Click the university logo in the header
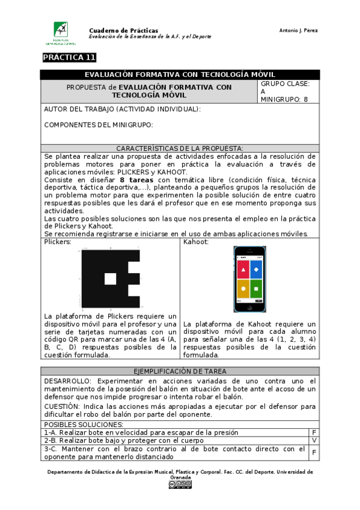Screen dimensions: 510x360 (x=61, y=34)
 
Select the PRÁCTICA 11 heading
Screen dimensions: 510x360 (x=69, y=58)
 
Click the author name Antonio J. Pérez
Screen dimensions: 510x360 (x=299, y=30)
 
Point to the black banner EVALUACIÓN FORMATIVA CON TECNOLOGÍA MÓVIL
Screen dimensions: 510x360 (x=180, y=75)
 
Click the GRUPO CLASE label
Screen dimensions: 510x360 (x=285, y=84)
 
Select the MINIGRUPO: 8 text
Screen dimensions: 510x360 (x=284, y=99)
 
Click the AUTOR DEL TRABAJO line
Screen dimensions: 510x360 (x=123, y=109)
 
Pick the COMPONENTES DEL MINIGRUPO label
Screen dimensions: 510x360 (x=99, y=125)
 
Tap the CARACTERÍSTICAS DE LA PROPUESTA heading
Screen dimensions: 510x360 (x=180, y=148)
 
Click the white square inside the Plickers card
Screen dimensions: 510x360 (x=110, y=279)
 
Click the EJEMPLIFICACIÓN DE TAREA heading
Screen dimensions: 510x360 (x=180, y=371)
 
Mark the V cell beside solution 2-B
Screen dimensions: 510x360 (x=314, y=440)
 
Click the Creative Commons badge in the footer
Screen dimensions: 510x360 (x=180, y=485)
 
